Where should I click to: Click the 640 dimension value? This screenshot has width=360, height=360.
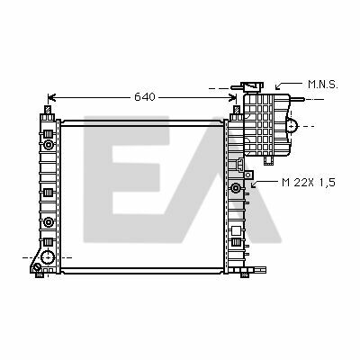tap(145, 97)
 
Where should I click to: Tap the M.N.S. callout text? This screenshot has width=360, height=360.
tap(323, 85)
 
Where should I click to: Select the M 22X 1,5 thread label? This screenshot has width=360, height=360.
tap(309, 183)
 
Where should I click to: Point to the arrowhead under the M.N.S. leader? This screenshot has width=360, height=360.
tap(278, 87)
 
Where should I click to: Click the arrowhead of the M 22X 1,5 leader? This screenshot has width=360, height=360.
tap(254, 184)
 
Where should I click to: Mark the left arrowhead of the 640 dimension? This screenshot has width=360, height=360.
tap(51, 97)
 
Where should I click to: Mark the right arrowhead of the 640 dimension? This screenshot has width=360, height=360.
tap(233, 97)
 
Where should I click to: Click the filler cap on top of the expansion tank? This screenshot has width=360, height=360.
tap(253, 86)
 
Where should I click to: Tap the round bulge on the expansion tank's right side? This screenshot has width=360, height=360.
tap(292, 125)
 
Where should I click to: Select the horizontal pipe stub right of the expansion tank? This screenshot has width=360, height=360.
tap(298, 99)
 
